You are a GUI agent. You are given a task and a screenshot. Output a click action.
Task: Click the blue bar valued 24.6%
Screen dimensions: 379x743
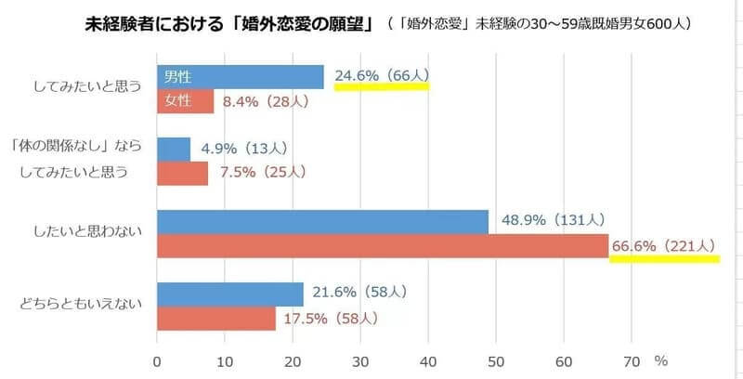point(241,77)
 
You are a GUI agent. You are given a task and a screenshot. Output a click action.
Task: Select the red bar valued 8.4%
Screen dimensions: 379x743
point(186,100)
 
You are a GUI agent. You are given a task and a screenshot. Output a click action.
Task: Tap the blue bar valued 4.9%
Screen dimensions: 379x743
point(174,149)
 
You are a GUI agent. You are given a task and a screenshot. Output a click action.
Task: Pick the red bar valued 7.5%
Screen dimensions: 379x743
point(183,173)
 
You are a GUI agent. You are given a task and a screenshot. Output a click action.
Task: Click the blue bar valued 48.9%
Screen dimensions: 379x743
point(323,221)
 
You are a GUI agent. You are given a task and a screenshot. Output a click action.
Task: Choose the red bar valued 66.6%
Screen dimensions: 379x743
point(383,245)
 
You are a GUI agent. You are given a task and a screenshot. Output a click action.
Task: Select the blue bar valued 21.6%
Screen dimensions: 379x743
point(230,294)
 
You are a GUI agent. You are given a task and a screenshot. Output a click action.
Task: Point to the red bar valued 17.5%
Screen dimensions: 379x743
point(216,318)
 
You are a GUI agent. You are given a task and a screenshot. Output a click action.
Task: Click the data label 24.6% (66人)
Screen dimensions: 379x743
point(381,75)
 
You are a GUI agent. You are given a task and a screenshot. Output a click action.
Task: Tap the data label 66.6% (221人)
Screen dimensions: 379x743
point(663,245)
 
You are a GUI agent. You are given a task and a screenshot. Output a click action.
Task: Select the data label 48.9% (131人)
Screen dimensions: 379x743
point(553,220)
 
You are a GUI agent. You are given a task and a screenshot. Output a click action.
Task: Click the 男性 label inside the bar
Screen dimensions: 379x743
point(177,77)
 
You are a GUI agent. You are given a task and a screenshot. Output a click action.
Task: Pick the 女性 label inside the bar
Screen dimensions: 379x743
point(177,100)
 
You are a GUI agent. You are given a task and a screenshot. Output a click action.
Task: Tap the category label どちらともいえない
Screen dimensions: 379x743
point(83,306)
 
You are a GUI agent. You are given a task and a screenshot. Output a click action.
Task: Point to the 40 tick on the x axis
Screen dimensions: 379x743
point(428,360)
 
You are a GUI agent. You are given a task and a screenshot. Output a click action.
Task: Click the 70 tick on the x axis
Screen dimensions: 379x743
point(632,360)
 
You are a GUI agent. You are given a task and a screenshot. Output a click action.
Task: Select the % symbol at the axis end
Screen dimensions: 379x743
point(660,359)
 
